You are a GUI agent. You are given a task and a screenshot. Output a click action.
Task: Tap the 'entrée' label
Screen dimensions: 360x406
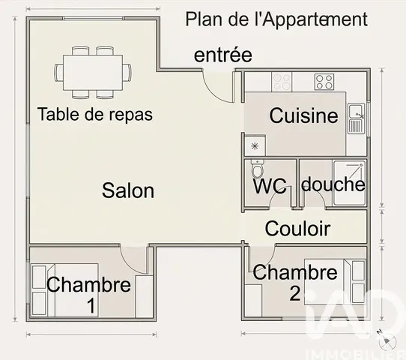tap(222, 55)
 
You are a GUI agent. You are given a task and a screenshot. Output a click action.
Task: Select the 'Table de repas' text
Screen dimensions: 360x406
tap(94, 115)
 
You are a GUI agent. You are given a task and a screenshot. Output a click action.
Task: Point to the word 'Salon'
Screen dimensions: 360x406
tap(128, 190)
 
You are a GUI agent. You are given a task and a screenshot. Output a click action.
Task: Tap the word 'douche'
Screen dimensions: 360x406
tap(333, 184)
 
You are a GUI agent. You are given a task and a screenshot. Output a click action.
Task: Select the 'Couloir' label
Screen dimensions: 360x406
tap(298, 229)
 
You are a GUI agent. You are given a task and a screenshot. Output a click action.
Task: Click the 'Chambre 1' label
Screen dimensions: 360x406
tap(88, 294)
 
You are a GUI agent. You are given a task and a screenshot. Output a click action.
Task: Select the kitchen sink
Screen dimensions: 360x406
tap(357, 117)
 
